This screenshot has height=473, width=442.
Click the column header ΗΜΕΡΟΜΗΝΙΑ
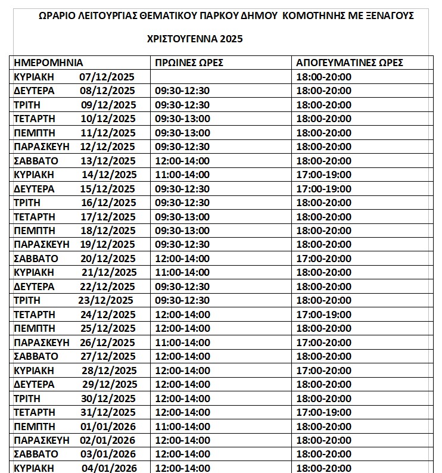coord(48,63)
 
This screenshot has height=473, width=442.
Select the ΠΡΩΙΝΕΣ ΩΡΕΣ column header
coord(189,63)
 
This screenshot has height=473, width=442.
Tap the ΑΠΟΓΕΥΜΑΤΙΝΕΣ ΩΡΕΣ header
coord(348,63)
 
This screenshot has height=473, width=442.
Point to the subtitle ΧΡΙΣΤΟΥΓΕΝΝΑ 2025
coord(195,39)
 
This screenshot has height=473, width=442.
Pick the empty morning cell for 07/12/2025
coord(222,77)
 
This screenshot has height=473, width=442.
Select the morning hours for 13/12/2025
coord(182,161)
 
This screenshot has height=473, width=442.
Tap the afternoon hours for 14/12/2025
coord(323,175)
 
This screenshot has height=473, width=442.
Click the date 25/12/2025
coord(108,328)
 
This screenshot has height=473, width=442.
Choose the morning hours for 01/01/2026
coord(182,426)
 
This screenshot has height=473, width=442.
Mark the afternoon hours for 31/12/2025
coord(323,412)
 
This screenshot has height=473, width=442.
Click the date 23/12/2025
coord(105,300)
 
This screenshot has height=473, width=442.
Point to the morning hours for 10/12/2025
coord(182,119)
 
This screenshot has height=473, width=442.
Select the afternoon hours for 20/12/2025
coord(323,259)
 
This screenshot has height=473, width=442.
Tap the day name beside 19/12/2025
coord(41,244)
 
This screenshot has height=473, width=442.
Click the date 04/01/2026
coord(109,468)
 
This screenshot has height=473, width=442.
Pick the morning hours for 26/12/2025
coord(182,343)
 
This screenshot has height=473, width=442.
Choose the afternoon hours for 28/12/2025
coord(323,371)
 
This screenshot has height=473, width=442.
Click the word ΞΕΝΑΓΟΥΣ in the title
coord(391,16)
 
